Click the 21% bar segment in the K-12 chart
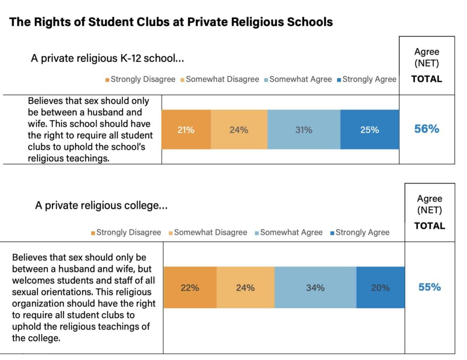[x=186, y=130]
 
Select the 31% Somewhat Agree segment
[x=304, y=130]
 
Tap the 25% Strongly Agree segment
[x=369, y=130]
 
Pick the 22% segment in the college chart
[x=190, y=288]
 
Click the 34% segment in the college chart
[x=315, y=288]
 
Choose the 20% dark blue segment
[x=380, y=288]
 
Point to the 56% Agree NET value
[x=426, y=129]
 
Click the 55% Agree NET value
[x=430, y=287]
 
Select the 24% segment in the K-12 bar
[x=239, y=130]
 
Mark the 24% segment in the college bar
[x=245, y=288]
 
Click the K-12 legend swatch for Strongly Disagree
[x=107, y=80]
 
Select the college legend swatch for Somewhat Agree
[x=257, y=233]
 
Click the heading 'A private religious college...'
[x=101, y=206]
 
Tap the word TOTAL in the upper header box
[x=426, y=79]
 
